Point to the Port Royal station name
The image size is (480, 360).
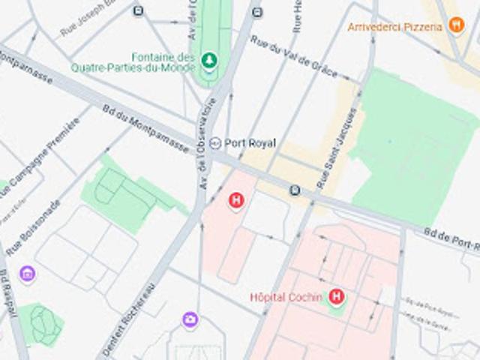(250, 142)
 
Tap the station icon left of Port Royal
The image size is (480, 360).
(216, 142)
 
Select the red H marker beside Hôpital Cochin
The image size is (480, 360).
(336, 298)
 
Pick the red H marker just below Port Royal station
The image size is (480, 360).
(236, 200)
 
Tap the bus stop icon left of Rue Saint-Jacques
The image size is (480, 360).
(295, 190)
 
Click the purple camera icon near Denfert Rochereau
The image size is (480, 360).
(190, 320)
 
